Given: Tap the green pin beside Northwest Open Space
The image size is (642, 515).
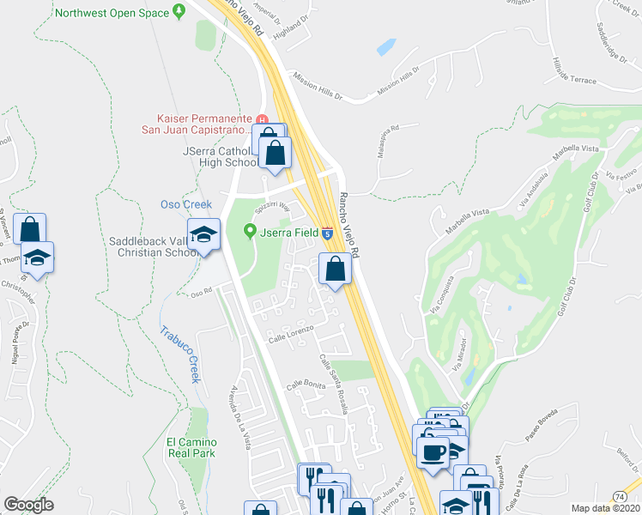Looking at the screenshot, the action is (179, 12).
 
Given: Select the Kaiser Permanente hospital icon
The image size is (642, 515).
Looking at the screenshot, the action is (263, 118).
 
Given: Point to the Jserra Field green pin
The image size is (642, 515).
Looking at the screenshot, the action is (251, 230).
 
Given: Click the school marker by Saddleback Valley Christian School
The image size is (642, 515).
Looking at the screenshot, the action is (204, 234).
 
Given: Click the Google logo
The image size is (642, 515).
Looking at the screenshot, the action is (28, 505).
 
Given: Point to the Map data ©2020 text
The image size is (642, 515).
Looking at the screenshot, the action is (605, 508).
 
